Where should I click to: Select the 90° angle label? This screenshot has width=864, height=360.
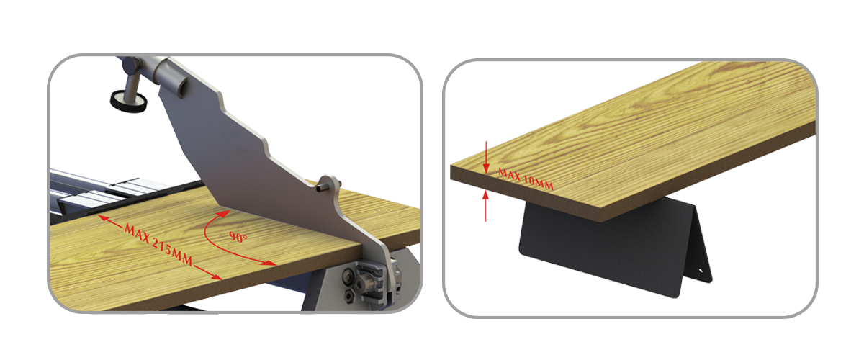(238, 237)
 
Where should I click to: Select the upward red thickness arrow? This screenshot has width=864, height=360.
(485, 206)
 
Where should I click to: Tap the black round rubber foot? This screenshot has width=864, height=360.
(128, 102)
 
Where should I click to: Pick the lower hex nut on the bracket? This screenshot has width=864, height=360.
(349, 296)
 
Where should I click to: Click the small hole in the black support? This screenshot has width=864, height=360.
(701, 271)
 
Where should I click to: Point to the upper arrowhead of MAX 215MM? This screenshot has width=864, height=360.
(103, 219)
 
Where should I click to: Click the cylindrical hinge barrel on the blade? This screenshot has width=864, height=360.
(169, 74)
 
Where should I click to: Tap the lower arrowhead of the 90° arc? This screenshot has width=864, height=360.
(270, 264)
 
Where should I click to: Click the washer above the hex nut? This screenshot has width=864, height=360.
(348, 276)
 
